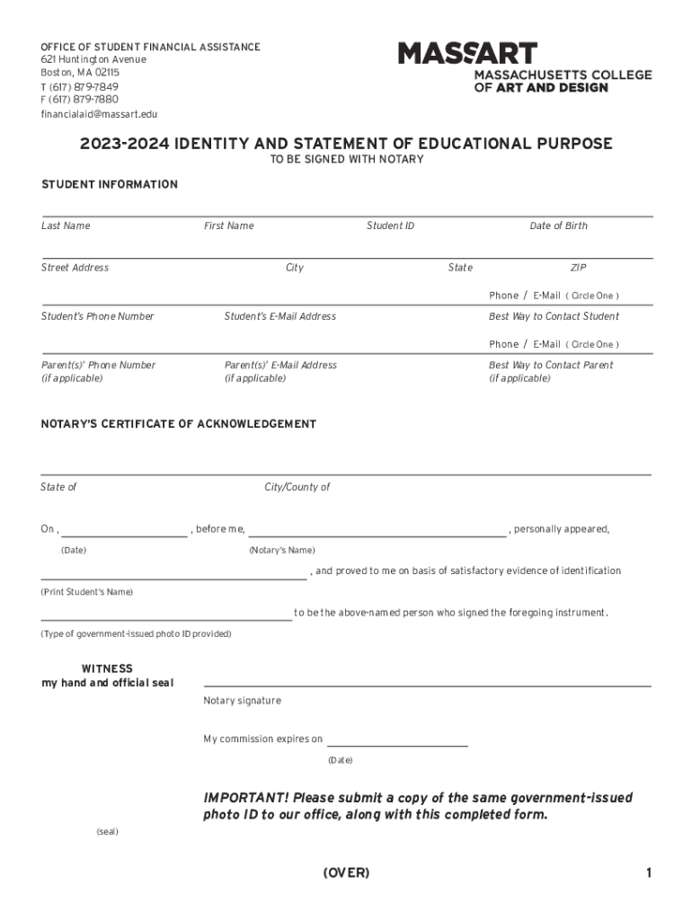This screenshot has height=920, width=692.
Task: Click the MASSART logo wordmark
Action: click(468, 53)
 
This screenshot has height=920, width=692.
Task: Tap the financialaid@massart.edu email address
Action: click(99, 114)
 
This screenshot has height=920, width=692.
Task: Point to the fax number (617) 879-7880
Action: click(79, 100)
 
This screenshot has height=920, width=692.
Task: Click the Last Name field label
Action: click(66, 226)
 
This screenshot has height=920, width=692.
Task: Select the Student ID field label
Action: click(390, 226)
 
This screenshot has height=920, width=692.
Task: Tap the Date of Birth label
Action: click(558, 226)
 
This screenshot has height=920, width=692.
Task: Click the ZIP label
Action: click(578, 268)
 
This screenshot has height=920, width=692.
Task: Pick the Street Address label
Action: click(75, 268)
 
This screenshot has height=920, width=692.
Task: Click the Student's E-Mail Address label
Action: click(279, 316)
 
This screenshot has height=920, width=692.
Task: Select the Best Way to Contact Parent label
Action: click(551, 365)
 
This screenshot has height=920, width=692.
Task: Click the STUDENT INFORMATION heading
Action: click(110, 184)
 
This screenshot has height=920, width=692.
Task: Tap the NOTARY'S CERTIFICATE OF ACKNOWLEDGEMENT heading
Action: click(179, 424)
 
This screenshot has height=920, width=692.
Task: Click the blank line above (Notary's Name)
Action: click(377, 535)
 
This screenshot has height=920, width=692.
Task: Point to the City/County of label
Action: click(297, 487)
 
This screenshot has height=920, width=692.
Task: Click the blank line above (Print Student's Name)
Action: click(173, 577)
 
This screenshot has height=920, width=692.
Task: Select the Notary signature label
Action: click(242, 701)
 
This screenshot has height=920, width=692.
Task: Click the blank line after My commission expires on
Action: click(397, 745)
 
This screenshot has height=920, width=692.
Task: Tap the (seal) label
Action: click(107, 832)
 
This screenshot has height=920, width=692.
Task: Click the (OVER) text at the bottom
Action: click(346, 873)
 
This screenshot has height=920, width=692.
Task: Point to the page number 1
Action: click(647, 873)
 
